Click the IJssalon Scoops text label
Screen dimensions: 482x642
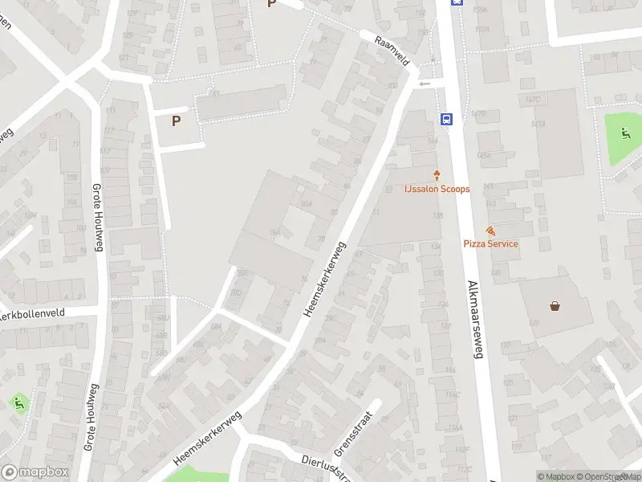[437, 189]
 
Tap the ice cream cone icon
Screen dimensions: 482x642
[437, 174]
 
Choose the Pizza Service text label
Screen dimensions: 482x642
[490, 243]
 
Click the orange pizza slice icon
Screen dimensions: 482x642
[490, 231]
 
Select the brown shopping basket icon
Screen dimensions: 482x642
[554, 305]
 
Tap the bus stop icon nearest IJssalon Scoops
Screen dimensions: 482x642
[446, 119]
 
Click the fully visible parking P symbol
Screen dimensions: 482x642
[177, 121]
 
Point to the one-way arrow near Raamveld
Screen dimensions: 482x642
[425, 84]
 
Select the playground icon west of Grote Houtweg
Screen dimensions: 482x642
[18, 401]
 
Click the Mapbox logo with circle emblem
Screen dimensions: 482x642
[35, 472]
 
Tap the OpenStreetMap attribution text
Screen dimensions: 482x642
[603, 476]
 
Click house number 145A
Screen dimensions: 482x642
[483, 155]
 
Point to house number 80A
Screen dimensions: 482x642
[306, 205]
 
